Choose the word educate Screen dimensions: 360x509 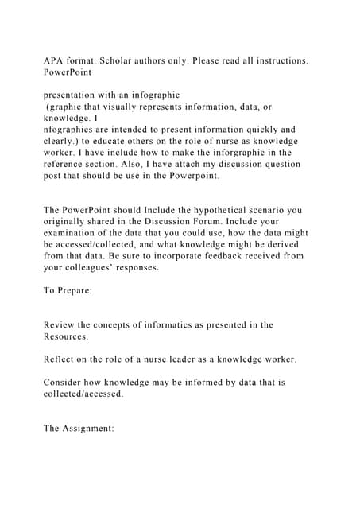(107, 141)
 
